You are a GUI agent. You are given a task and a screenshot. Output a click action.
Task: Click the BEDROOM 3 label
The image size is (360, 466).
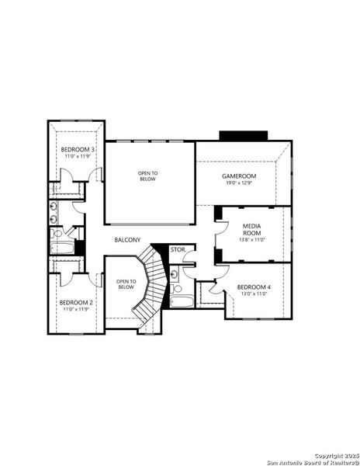[78, 149]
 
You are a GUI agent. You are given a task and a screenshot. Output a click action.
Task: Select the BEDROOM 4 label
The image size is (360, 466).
[255, 287]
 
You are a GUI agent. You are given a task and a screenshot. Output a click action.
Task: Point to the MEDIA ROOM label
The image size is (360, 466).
[252, 229]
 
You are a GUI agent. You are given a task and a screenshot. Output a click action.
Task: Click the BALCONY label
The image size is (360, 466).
[127, 240]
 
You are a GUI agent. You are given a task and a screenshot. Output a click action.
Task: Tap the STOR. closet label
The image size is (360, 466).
[178, 250]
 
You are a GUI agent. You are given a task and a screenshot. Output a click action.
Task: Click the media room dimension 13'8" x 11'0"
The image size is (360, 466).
[252, 241]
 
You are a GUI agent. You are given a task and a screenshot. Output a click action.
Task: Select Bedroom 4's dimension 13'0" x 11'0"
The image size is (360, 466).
[255, 295]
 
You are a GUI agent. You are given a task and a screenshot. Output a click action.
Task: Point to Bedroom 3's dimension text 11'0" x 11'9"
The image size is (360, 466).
[78, 157]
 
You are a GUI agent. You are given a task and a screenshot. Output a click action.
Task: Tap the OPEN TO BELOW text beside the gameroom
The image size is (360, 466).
[147, 176]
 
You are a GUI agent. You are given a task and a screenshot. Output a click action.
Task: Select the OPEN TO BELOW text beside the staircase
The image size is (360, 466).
[126, 284]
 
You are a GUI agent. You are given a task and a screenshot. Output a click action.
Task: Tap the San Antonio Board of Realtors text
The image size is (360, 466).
[310, 461]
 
